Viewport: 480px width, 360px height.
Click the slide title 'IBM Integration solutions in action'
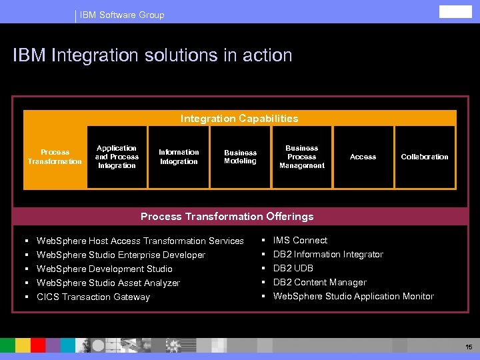coord(153,55)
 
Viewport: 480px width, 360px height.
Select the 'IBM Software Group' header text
coord(122,15)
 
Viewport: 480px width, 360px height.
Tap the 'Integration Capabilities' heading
coord(239,119)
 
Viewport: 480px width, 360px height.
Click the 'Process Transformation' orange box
coord(55,157)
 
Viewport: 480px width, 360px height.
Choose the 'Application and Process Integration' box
coord(117,157)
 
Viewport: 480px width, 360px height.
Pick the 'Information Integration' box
coord(179,157)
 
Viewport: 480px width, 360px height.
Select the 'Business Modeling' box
coord(240,157)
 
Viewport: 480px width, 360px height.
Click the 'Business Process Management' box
coord(301,157)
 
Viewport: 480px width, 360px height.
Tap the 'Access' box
coord(363,157)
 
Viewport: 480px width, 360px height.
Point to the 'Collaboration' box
coord(425,157)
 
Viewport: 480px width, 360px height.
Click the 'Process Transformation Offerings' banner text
coord(227,217)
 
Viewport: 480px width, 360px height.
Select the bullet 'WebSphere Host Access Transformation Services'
coord(140,241)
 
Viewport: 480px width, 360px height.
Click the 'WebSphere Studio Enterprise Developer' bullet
coord(121,255)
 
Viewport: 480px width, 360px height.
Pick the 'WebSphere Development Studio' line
coord(104,269)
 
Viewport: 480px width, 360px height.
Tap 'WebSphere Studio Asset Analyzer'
coord(108,283)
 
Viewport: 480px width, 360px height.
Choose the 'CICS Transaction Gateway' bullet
coord(93,297)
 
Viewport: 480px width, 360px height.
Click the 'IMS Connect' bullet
coord(300,240)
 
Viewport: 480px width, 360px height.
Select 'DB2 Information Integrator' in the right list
coord(328,254)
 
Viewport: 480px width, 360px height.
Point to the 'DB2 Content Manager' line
coord(319,282)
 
